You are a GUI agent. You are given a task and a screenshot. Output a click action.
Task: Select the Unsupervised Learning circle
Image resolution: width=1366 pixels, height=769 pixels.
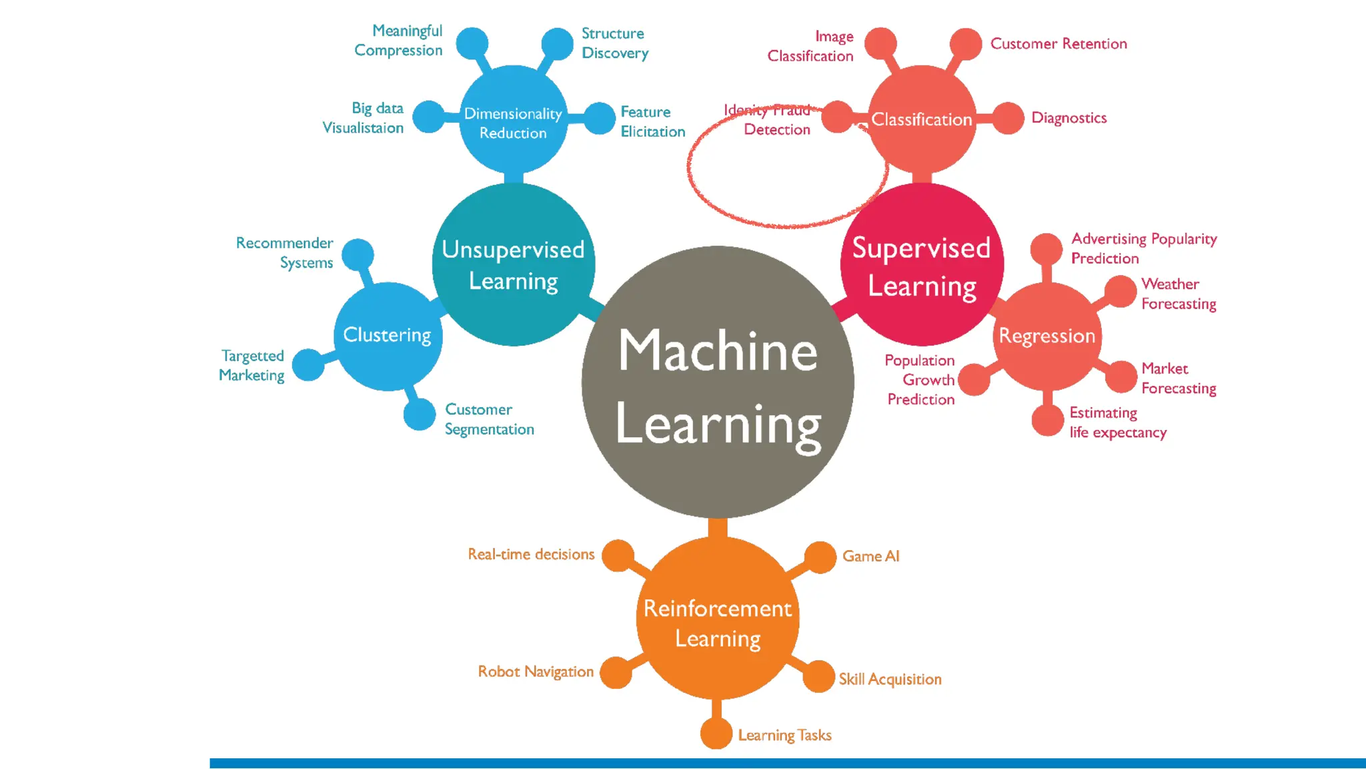point(513,264)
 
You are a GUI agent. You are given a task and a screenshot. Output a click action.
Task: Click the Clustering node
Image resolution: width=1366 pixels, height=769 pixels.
point(388,336)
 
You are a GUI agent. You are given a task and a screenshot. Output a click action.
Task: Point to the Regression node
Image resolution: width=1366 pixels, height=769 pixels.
point(1047,336)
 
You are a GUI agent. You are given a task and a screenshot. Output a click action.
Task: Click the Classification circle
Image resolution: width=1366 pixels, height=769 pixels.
point(922,119)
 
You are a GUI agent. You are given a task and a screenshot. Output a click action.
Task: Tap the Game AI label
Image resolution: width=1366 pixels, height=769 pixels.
point(870,556)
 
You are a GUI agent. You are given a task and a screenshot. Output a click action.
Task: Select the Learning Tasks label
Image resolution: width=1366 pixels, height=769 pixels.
point(784,735)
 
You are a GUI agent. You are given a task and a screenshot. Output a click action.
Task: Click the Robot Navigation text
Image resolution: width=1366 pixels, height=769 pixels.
point(536,672)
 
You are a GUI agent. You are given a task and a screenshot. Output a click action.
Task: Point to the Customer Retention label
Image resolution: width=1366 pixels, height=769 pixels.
point(1059,44)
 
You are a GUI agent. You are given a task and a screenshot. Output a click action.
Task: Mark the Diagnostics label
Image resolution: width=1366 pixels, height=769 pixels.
point(1069,118)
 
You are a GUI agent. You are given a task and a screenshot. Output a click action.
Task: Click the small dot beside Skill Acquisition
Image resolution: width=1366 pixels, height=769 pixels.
point(818,676)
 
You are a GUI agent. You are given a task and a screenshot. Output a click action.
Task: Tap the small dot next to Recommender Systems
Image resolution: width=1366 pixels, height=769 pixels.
point(358,254)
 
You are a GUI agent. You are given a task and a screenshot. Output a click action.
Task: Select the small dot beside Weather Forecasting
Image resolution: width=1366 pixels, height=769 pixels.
point(1121,291)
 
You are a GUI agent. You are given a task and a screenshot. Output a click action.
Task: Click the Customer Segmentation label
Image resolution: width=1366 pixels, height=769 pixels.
point(489,419)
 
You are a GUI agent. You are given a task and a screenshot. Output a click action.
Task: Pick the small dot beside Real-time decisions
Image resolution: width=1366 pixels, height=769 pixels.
point(618,555)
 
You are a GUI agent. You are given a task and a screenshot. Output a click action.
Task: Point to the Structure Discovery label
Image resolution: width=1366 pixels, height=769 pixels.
point(614,43)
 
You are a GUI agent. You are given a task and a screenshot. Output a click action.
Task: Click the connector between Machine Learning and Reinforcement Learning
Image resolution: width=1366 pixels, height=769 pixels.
point(718,528)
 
